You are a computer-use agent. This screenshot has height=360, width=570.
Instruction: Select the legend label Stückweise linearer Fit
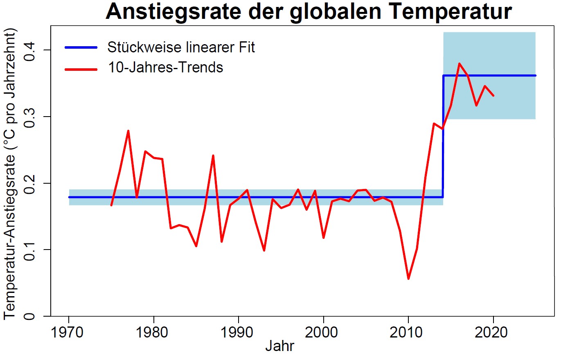point(181,47)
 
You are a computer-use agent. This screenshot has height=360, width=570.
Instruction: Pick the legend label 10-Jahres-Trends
point(165,67)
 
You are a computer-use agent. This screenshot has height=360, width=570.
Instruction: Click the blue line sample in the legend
point(81,47)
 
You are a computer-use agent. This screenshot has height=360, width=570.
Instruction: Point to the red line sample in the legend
point(81,69)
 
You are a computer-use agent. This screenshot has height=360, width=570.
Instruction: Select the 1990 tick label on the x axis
point(237,332)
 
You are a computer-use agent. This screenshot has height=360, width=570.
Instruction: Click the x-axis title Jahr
point(279,346)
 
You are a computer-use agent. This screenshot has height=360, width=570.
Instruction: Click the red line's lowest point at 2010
point(408,279)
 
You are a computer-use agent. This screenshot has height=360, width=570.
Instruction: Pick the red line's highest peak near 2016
point(459,63)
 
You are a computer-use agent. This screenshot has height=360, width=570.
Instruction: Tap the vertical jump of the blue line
point(443,135)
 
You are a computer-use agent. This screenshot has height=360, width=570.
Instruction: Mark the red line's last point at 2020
point(493,95)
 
